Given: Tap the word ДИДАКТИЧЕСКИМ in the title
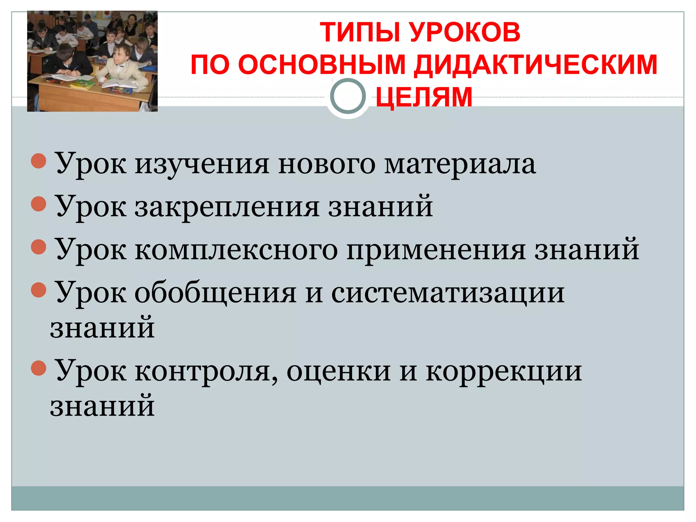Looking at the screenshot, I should [536, 65].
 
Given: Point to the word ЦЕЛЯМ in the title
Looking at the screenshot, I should [424, 97].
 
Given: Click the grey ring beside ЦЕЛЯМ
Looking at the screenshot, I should [348, 96].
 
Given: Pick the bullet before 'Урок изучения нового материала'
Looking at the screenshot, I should [38, 161].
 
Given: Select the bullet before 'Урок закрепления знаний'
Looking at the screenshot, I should [38, 204].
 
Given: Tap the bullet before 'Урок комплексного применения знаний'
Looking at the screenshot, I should [38, 247].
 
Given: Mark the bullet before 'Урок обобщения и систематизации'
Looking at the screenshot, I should [38, 290].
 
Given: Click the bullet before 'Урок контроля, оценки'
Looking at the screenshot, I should [38, 368].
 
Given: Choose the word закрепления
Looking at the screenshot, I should [227, 208].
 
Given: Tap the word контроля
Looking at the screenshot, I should [206, 372].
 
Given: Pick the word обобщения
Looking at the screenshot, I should [215, 294].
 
